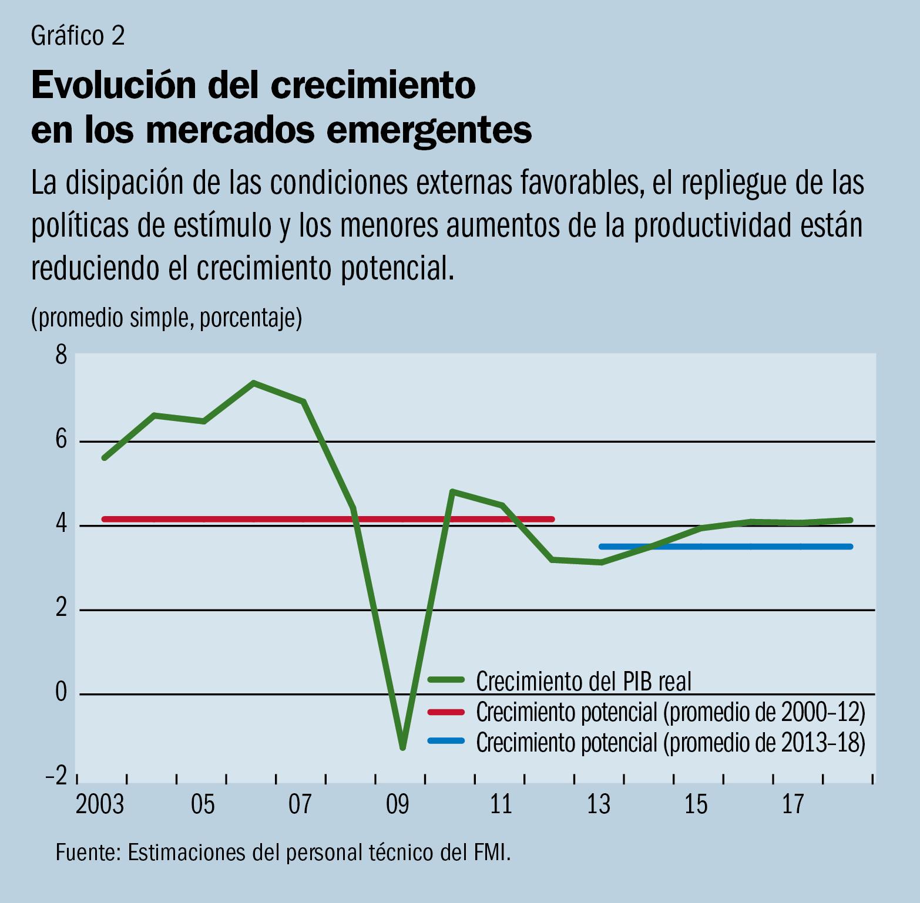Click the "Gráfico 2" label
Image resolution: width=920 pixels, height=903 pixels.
pyautogui.click(x=78, y=36)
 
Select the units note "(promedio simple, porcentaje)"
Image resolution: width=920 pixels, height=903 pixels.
pyautogui.click(x=166, y=318)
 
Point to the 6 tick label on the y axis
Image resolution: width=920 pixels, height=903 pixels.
pyautogui.click(x=61, y=441)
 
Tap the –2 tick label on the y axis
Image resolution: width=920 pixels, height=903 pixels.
pyautogui.click(x=56, y=776)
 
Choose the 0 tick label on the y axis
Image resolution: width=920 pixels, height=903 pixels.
pyautogui.click(x=61, y=693)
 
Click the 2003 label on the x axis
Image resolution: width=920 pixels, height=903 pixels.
pyautogui.click(x=100, y=804)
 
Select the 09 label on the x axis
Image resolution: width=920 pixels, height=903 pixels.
pyautogui.click(x=398, y=804)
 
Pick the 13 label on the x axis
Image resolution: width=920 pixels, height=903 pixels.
pyautogui.click(x=599, y=804)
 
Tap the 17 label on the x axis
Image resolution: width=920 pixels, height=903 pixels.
pyautogui.click(x=793, y=804)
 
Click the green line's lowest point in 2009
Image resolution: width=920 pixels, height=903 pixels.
pyautogui.click(x=403, y=747)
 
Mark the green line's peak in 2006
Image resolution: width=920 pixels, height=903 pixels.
pyautogui.click(x=253, y=383)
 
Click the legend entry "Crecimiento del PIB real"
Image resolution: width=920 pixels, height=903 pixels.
pyautogui.click(x=583, y=681)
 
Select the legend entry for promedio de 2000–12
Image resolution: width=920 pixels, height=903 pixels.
pyautogui.click(x=670, y=712)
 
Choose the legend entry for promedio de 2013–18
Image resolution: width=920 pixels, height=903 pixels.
pyautogui.click(x=670, y=743)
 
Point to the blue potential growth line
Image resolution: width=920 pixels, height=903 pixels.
pyautogui.click(x=726, y=547)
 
